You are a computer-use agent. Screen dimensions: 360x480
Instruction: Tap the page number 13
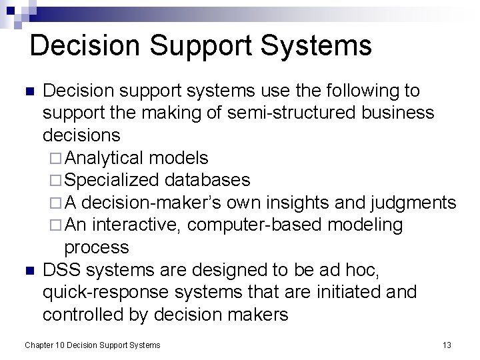(447, 345)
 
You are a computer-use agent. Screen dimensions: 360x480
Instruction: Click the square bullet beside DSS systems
(29, 271)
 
